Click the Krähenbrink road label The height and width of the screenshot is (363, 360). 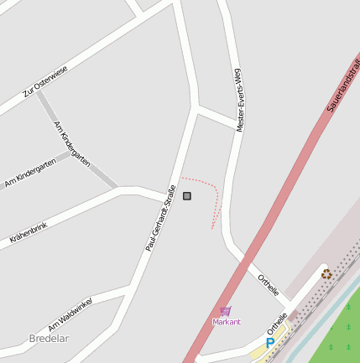(x=29, y=233)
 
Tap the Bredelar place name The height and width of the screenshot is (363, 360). (x=49, y=339)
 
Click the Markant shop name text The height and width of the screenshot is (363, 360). (x=226, y=322)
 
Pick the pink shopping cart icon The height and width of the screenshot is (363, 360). (x=225, y=311)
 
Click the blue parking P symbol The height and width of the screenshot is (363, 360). (x=269, y=343)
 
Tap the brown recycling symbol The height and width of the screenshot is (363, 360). (x=326, y=273)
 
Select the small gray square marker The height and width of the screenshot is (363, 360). (x=186, y=196)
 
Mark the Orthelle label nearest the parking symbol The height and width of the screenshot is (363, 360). (x=277, y=323)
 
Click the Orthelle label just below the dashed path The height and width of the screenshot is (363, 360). (x=269, y=285)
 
